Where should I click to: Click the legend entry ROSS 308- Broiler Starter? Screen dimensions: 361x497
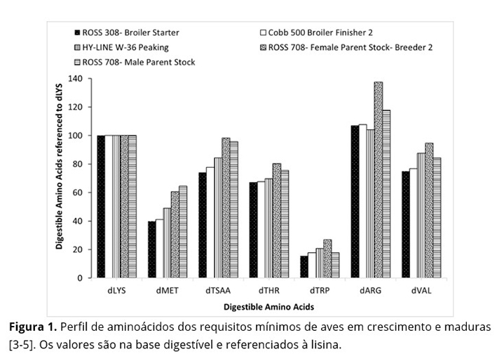pos(130,32)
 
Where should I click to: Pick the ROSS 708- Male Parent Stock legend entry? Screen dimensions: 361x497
pos(138,62)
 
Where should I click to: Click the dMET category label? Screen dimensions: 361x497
pos(166,291)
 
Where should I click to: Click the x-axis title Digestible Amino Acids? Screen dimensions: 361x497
pos(268,307)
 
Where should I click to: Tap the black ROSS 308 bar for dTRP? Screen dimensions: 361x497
pos(304,267)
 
